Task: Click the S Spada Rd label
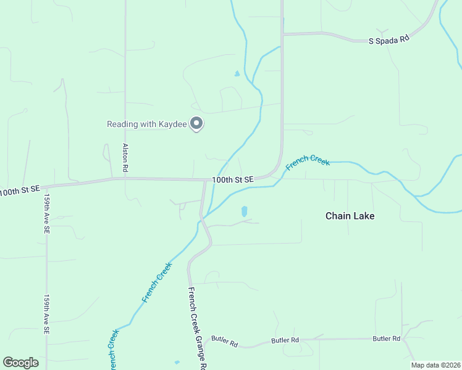click(389, 40)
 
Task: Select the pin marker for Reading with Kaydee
click(196, 124)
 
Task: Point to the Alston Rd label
click(125, 157)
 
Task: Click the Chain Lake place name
click(350, 216)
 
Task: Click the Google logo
click(20, 363)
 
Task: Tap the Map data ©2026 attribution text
click(435, 365)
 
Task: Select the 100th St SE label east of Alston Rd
click(233, 179)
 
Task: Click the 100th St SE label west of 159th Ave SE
click(19, 191)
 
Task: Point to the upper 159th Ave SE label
click(46, 214)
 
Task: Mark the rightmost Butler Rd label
click(387, 339)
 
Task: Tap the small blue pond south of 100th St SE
click(245, 211)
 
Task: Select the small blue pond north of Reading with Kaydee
click(237, 74)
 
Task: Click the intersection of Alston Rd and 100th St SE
click(125, 179)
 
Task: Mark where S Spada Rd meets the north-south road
click(282, 34)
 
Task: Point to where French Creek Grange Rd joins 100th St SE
click(205, 181)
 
